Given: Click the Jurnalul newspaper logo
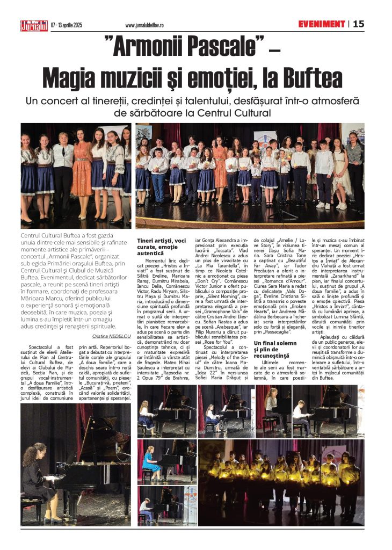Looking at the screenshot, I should [34, 25].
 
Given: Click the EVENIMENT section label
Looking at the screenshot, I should [322, 24].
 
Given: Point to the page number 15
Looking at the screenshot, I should [358, 24].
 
